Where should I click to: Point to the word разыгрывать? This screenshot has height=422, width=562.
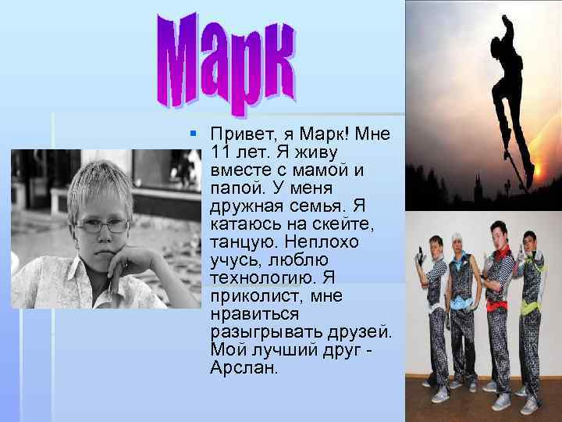pos(263,331)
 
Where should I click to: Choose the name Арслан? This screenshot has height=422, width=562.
pos(244,367)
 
